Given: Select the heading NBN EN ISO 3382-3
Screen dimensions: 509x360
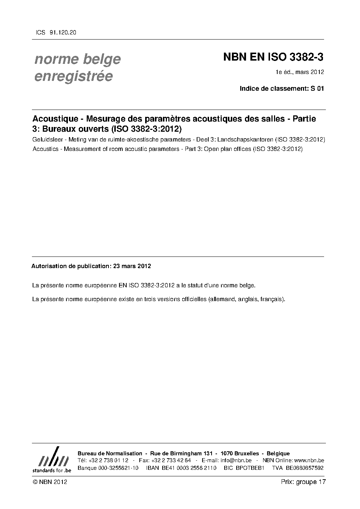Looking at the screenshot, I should coord(273,57).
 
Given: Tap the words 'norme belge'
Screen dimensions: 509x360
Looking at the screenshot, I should coord(78,59).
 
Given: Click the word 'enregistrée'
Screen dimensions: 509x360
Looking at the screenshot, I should coord(73,76).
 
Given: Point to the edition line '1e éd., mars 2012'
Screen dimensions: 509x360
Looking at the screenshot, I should coord(300,72).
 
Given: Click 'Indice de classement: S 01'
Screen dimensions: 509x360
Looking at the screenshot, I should coord(282,88).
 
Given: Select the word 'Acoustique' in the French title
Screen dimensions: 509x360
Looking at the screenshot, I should coord(55,119).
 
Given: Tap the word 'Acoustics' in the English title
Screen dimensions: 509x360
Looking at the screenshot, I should coord(45,149).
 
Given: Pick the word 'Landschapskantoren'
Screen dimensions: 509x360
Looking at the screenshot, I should coord(248,140).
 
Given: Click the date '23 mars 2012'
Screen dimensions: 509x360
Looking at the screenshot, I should coord(132,266).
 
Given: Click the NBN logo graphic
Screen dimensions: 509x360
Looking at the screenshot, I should coord(52,459).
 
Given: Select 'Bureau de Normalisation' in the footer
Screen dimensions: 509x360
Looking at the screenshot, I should coord(110,453).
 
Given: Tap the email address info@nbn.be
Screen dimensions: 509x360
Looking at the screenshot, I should coord(236,460).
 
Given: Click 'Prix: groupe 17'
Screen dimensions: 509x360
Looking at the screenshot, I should coord(303,482).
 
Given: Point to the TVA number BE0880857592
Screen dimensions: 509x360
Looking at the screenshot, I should coord(304,468).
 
